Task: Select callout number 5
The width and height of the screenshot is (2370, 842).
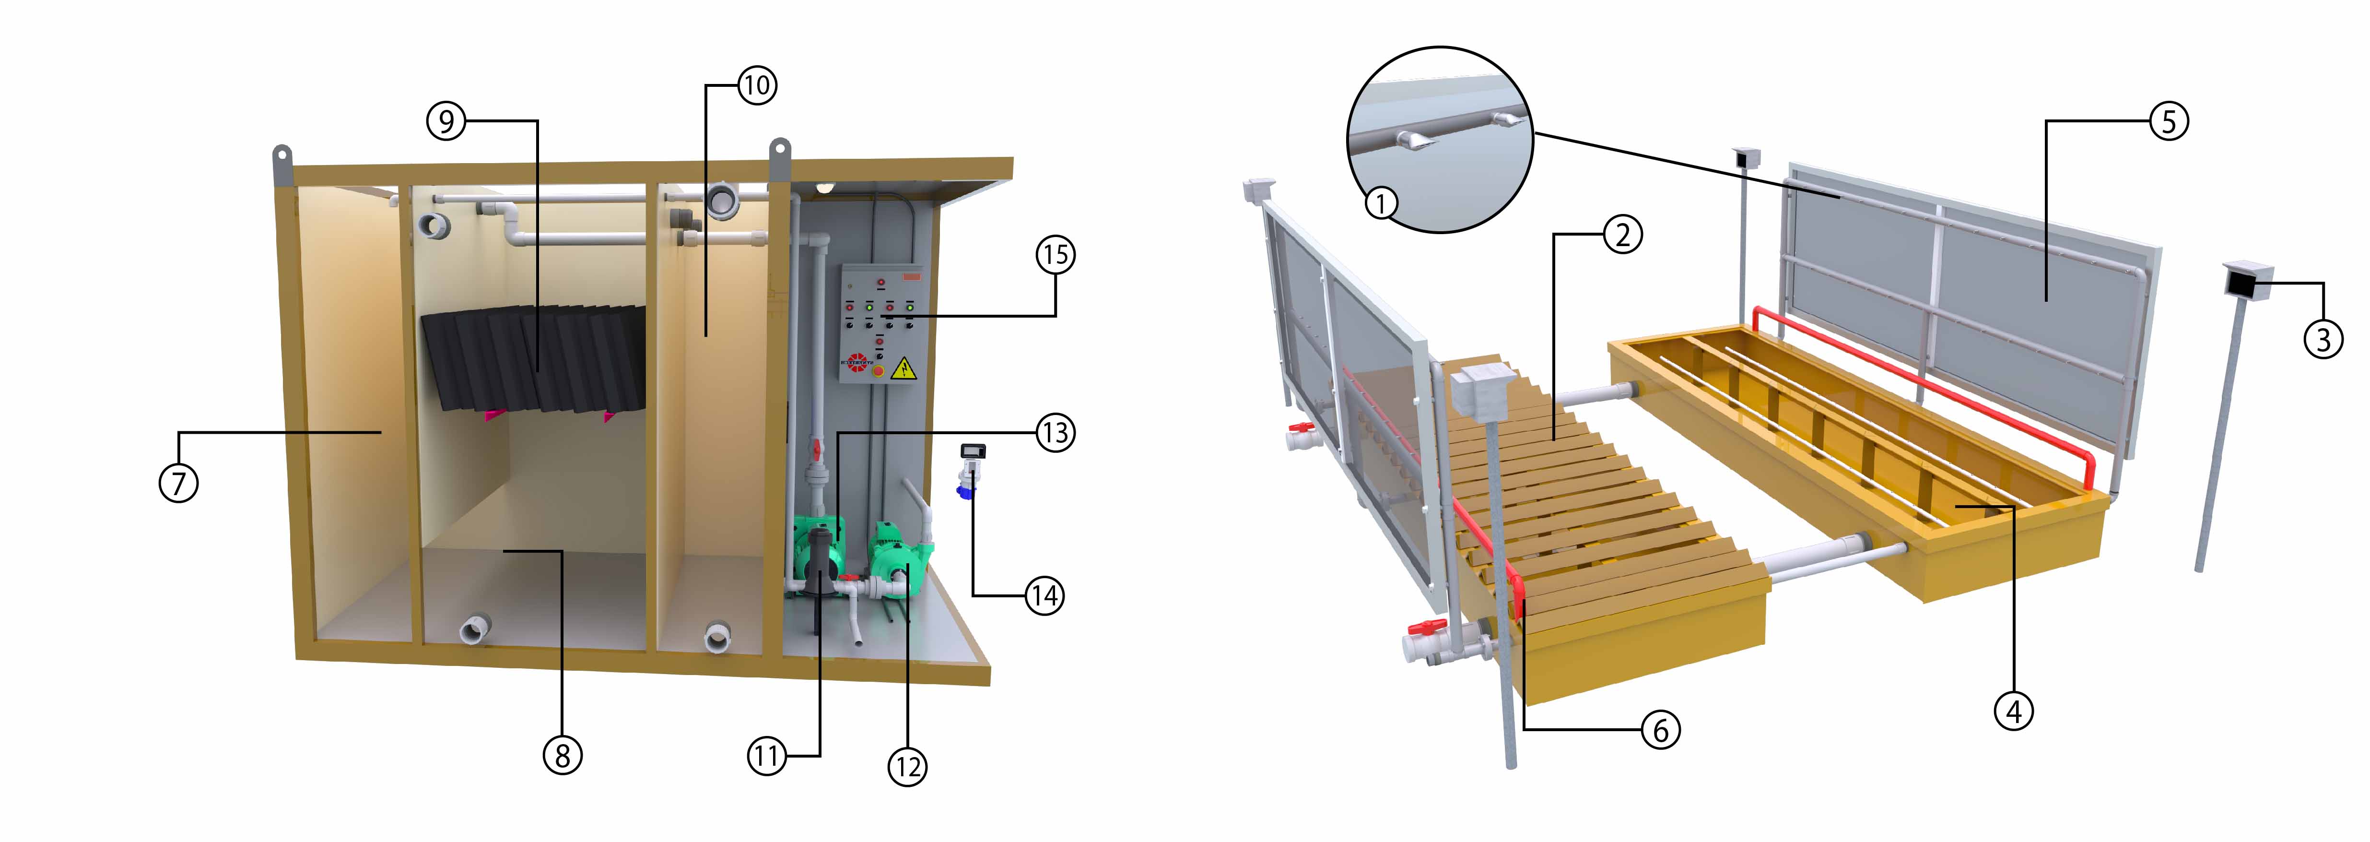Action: click(2169, 120)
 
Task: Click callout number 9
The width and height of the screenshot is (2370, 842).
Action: click(446, 120)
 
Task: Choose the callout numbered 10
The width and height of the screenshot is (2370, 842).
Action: click(757, 85)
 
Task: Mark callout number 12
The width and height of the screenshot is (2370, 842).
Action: click(907, 767)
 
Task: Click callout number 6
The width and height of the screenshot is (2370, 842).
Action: click(1661, 730)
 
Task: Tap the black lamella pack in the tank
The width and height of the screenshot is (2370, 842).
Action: click(534, 359)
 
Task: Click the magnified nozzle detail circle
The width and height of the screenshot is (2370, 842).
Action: click(1440, 138)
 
